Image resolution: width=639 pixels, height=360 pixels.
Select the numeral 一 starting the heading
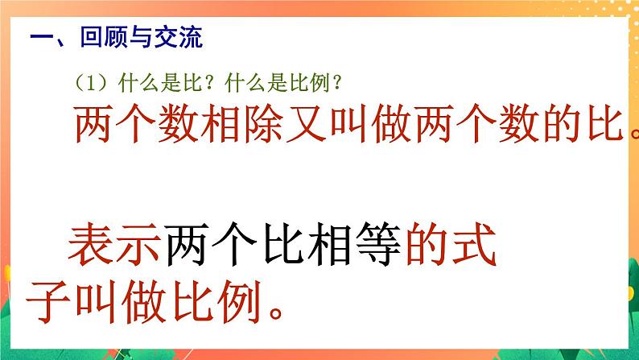tap(39, 38)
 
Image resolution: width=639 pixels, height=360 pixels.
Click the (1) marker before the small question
tap(89, 82)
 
